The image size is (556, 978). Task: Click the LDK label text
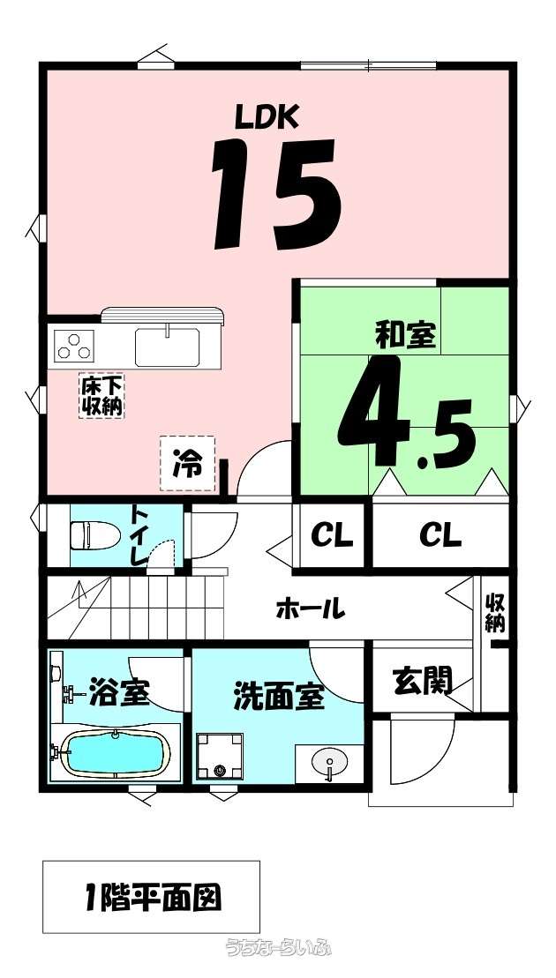[x=267, y=116]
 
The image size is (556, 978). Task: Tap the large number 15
[x=276, y=194]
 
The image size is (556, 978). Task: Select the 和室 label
[x=405, y=336]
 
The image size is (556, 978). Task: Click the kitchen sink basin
[x=167, y=347]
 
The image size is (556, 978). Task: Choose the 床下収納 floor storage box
[x=101, y=395]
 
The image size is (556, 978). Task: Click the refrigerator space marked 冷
[x=187, y=463]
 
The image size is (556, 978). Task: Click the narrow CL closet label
[x=332, y=536]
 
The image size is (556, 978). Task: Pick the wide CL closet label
[x=440, y=536]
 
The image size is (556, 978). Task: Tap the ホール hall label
[x=311, y=608]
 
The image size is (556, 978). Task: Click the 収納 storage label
[x=496, y=612]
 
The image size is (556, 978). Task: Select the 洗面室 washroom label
[x=279, y=698]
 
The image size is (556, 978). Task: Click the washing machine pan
[x=219, y=756]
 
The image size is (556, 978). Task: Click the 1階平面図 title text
[x=151, y=899]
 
